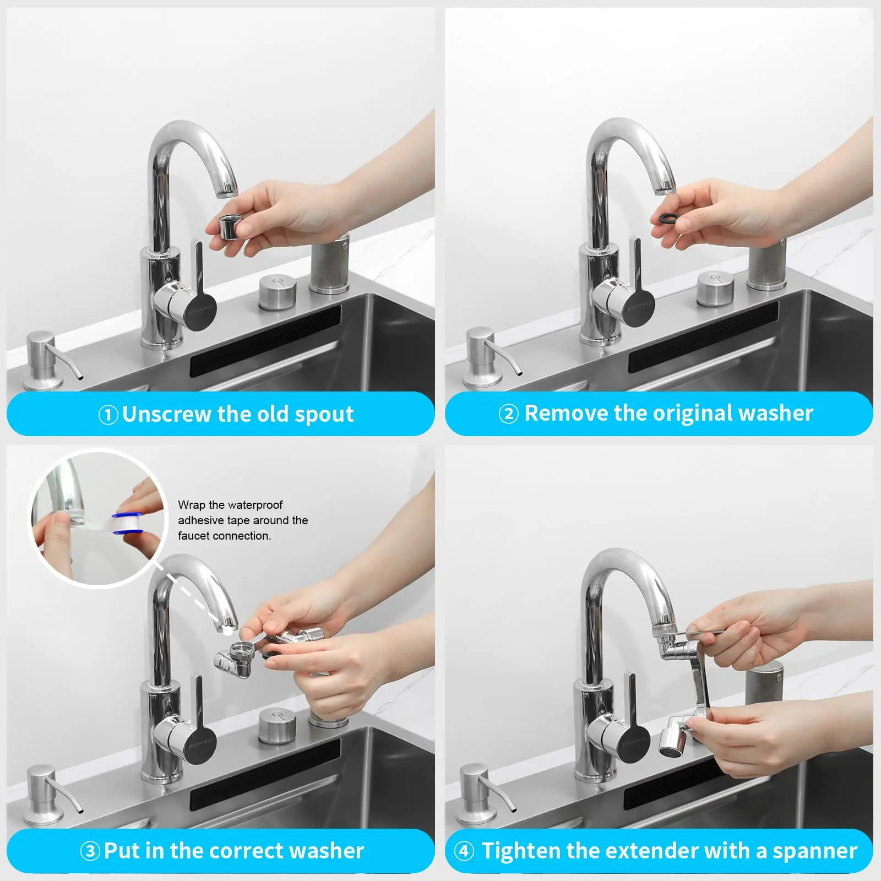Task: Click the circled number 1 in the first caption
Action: pyautogui.click(x=108, y=415)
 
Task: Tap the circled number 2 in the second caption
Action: pyautogui.click(x=508, y=414)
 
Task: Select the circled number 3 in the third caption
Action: pyautogui.click(x=90, y=851)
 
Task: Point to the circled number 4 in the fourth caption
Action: pyautogui.click(x=464, y=851)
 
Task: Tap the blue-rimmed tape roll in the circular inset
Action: pyautogui.click(x=128, y=524)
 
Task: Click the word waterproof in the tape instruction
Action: pyautogui.click(x=255, y=505)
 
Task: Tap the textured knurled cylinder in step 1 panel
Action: pyautogui.click(x=330, y=264)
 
